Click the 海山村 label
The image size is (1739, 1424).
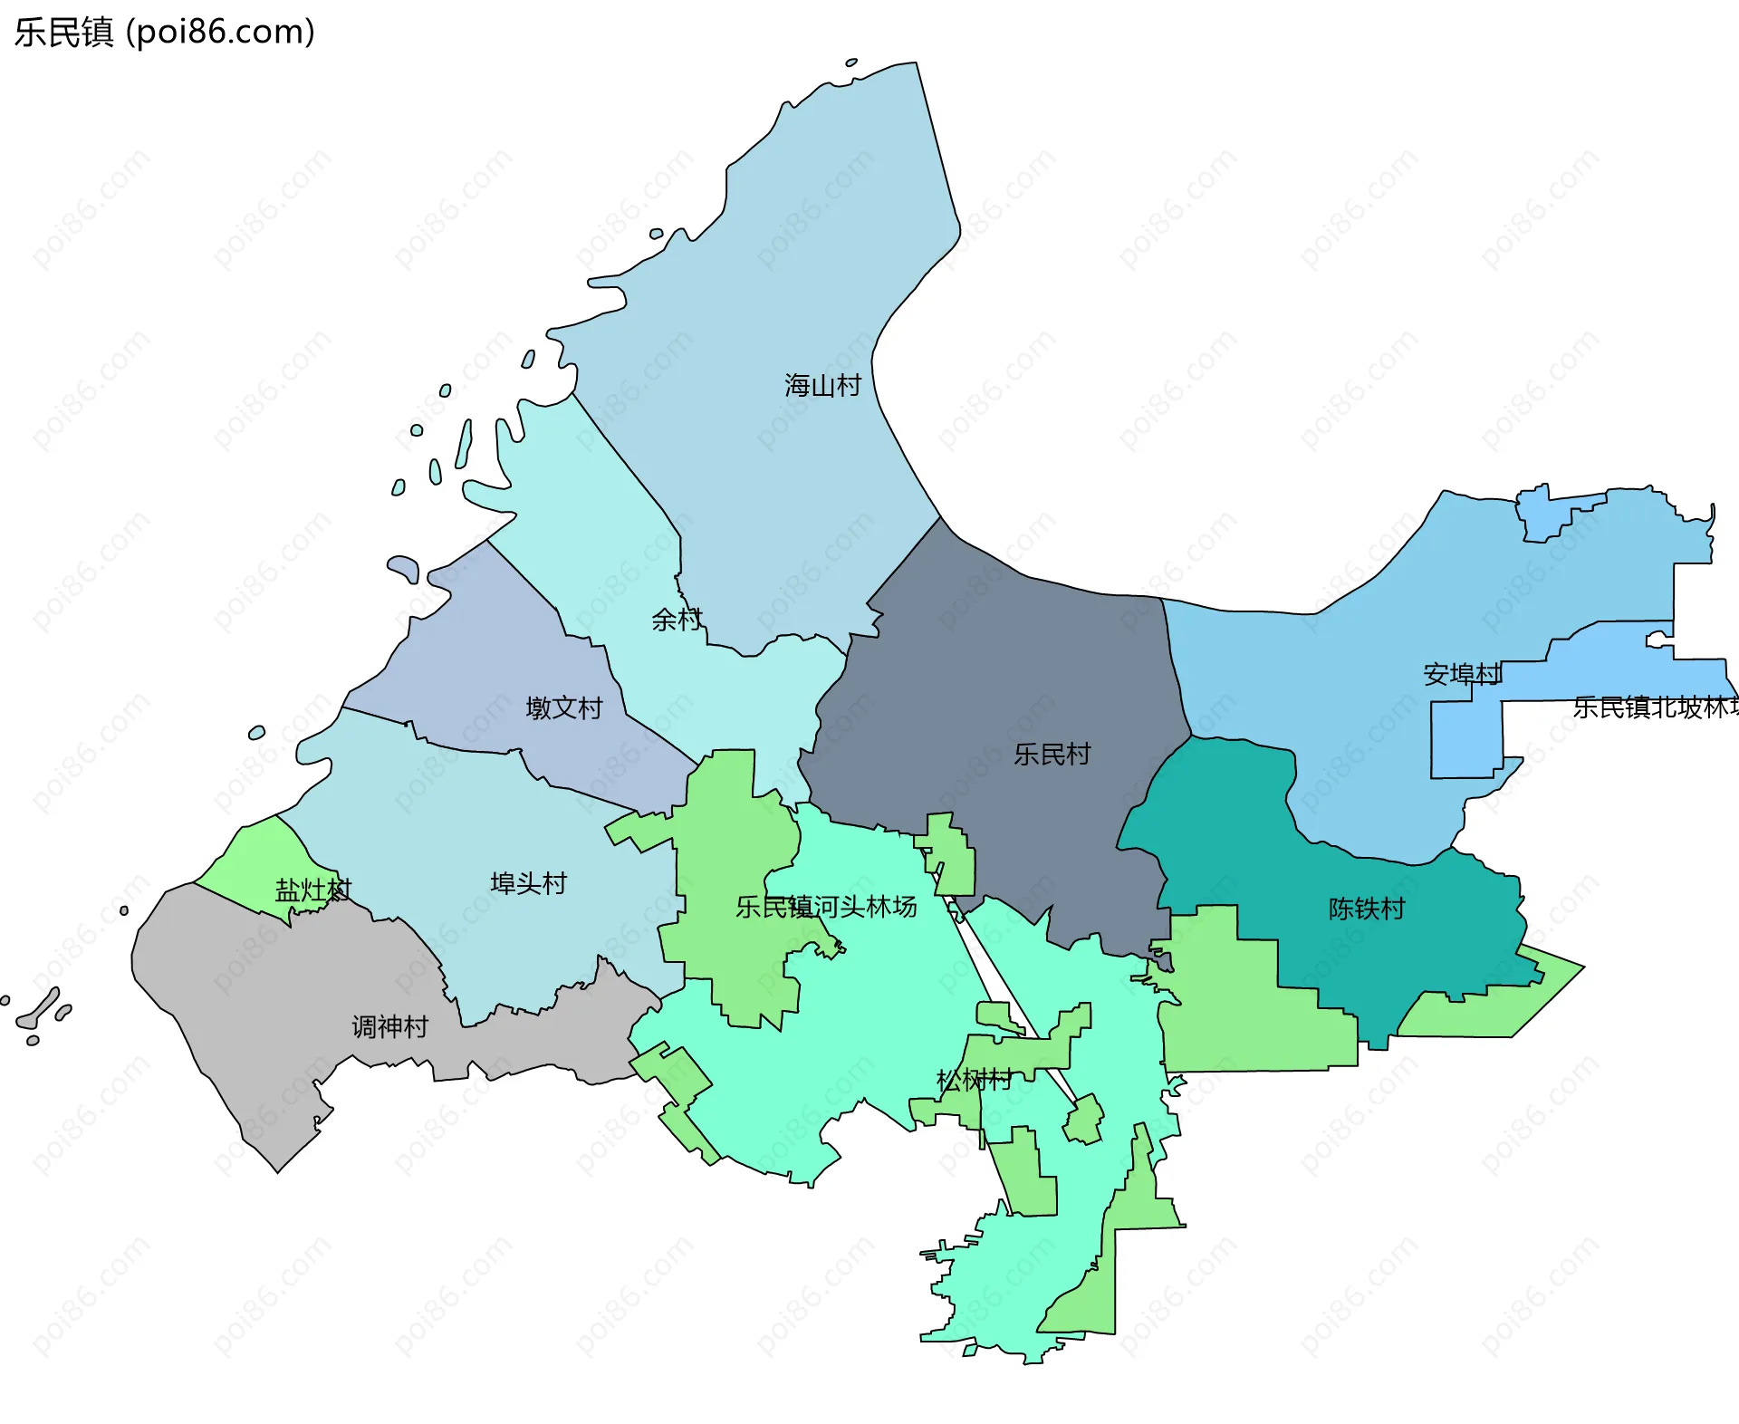coord(822,386)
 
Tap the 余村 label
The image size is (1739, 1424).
coord(677,620)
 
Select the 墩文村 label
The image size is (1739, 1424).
coord(564,707)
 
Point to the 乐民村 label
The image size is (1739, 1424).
coord(1052,754)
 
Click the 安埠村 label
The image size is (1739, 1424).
coord(1462,674)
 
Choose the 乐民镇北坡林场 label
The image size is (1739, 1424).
coord(1654,707)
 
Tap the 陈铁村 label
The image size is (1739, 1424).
coord(1366,908)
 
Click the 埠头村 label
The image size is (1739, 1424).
coord(528,882)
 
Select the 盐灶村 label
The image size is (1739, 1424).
coord(312,890)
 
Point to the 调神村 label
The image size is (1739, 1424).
coord(389,1026)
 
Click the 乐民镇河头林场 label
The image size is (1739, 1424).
coord(826,906)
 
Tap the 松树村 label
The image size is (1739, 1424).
coord(974,1080)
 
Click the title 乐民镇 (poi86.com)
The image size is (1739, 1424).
coord(164,32)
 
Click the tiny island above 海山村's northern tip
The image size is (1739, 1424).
coord(851,63)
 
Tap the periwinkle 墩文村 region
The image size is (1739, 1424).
coord(471,652)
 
